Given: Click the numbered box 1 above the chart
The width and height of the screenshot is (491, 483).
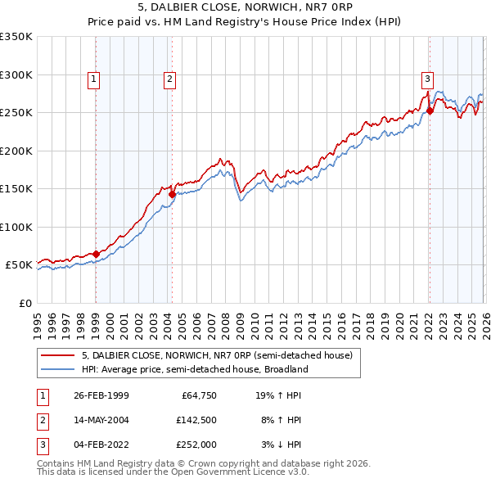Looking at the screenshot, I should (94, 79).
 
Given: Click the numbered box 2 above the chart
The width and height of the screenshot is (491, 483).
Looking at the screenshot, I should (169, 79).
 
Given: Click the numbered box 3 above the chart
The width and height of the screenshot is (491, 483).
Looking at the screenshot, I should (427, 79).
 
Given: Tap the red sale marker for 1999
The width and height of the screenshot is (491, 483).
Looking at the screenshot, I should (97, 254).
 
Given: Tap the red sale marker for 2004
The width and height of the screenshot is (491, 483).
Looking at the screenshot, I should (173, 195).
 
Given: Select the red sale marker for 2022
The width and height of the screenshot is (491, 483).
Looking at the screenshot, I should (430, 111).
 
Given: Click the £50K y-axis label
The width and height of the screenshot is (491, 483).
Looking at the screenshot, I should (20, 265).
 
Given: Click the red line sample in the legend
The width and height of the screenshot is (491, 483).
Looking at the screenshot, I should (59, 356).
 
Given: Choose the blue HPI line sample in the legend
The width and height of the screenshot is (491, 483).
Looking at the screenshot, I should (59, 369).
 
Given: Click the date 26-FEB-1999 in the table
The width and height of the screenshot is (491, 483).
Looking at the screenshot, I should (101, 395).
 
